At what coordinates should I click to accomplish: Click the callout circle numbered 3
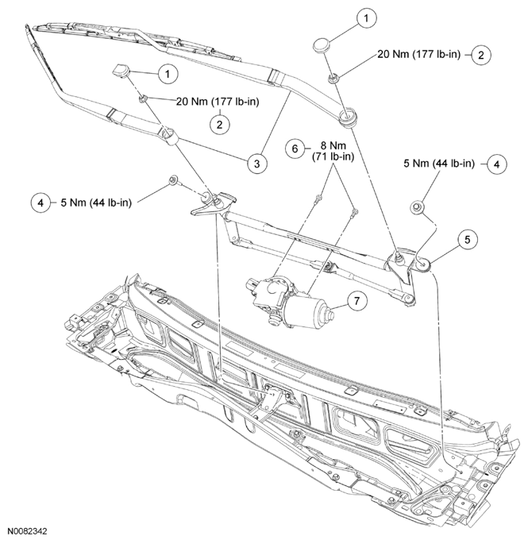[x=256, y=164]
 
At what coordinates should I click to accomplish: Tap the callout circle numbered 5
[x=468, y=238]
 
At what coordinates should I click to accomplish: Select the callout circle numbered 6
[x=294, y=149]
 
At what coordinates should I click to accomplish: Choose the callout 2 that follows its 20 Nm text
[x=481, y=55]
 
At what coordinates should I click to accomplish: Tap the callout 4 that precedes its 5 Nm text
[x=41, y=203]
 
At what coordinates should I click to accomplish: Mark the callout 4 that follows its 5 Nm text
[x=496, y=164]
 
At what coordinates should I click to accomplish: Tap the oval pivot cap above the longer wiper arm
[x=322, y=43]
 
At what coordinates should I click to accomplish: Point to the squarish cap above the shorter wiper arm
[x=121, y=71]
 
